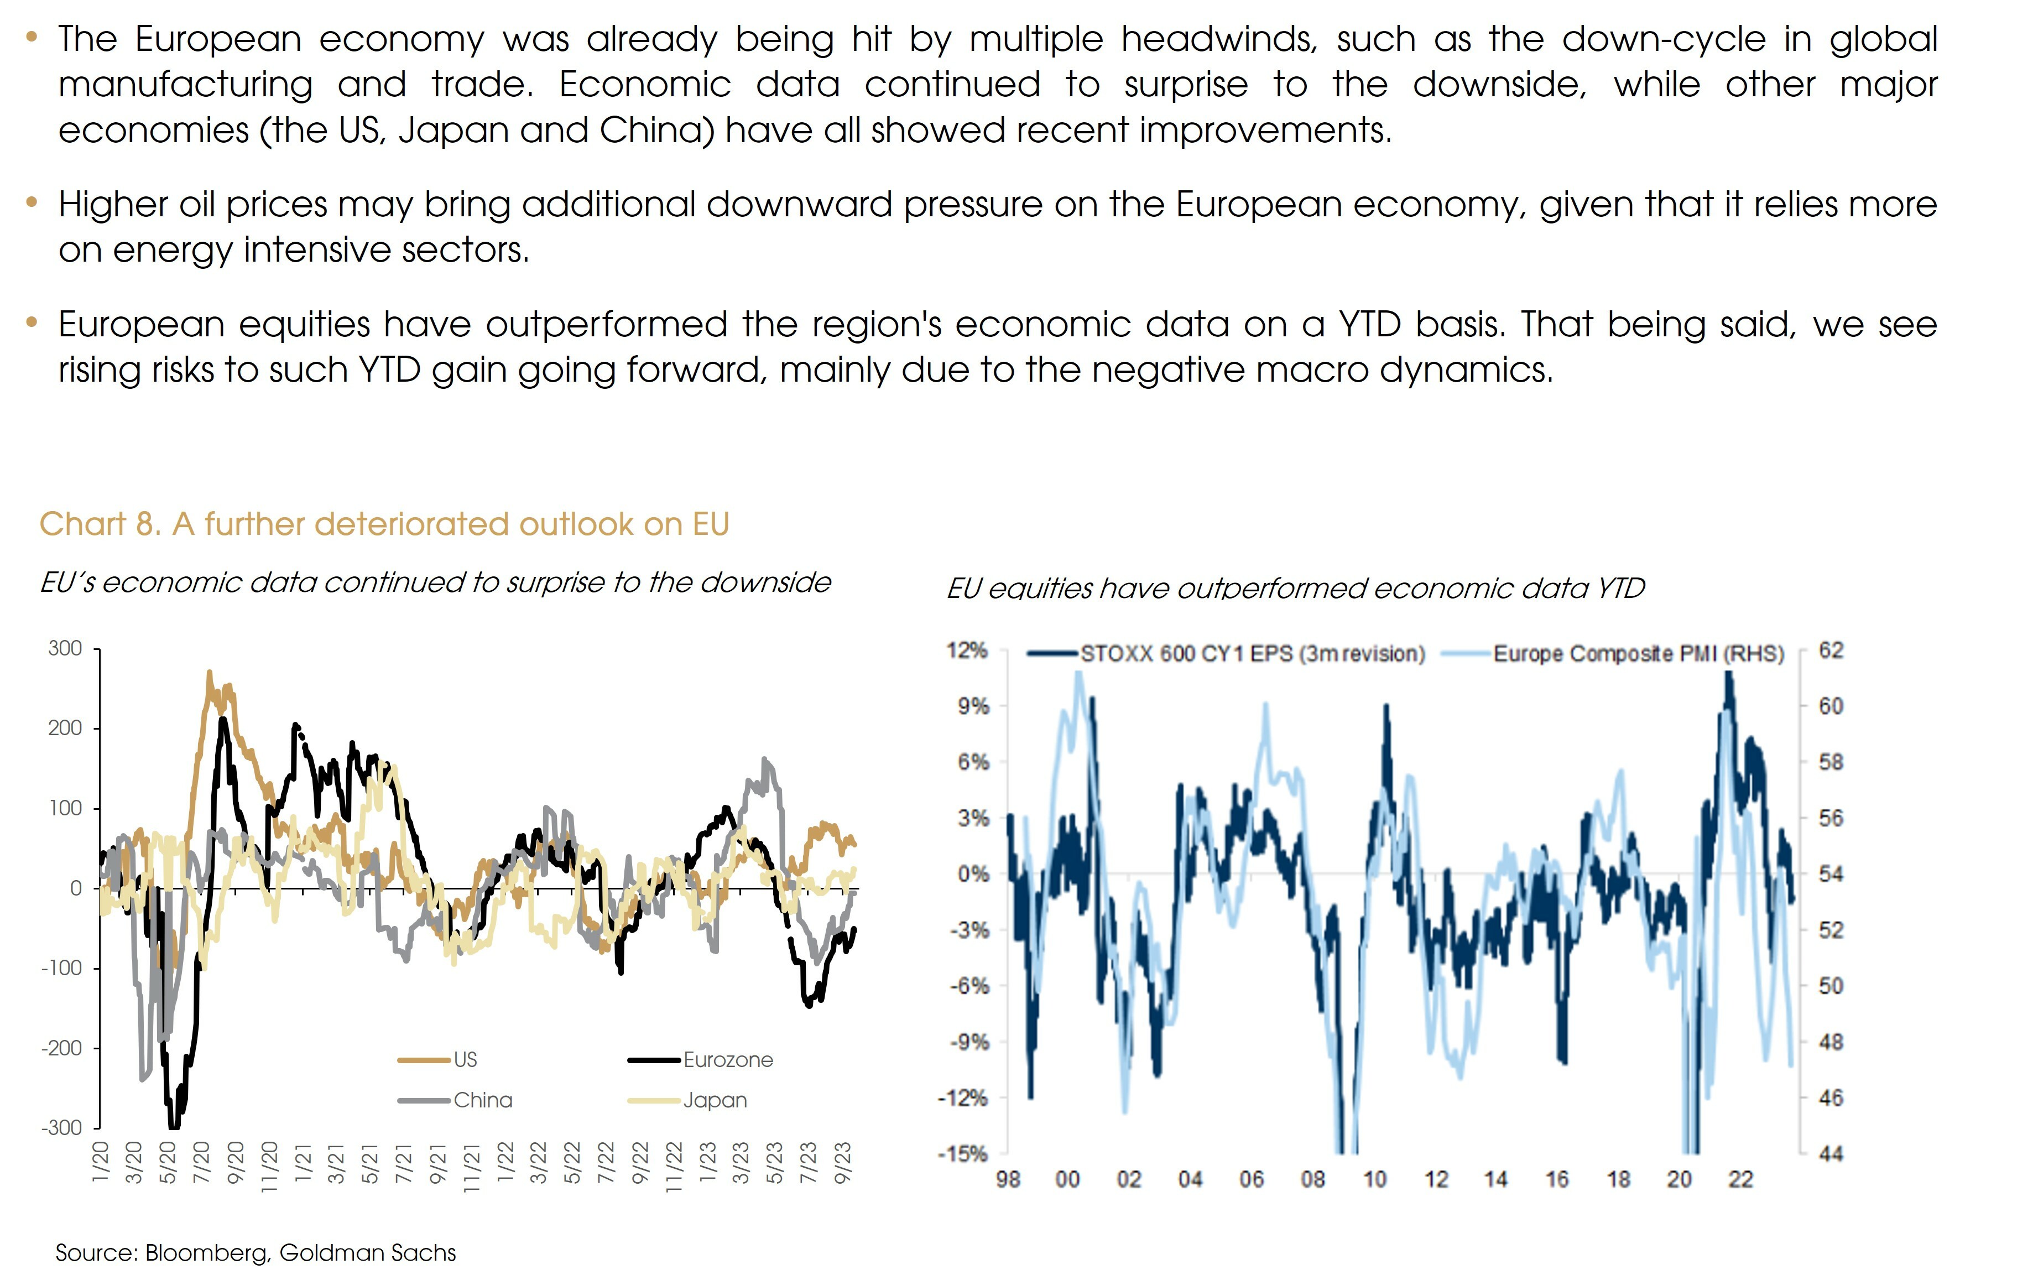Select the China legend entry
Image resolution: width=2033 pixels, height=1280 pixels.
coord(482,1100)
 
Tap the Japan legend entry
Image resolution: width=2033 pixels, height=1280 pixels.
coord(714,1100)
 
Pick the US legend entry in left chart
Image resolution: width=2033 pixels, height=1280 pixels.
coord(465,1060)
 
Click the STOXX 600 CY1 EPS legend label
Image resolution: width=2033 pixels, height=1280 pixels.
coord(1252,653)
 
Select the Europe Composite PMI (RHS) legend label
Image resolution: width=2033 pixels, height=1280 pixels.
coord(1638,653)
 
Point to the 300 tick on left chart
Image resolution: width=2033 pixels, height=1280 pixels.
coord(65,648)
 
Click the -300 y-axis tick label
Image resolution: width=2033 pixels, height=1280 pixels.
coord(61,1127)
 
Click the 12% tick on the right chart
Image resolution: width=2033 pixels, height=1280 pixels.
coord(967,650)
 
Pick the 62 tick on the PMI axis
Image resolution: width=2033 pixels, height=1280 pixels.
coord(1831,650)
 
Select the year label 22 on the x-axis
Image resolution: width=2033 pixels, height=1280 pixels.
coord(1740,1179)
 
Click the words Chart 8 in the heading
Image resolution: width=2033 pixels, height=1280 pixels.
coord(99,524)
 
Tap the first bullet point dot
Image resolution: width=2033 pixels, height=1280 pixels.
coord(32,37)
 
